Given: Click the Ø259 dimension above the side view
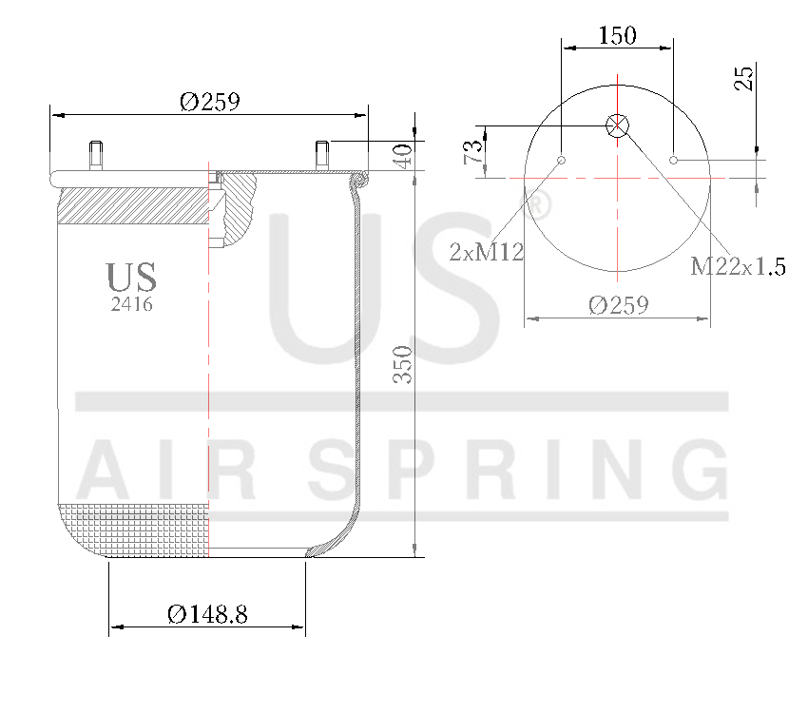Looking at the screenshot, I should tap(209, 101).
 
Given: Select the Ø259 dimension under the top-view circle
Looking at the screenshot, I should tap(618, 305).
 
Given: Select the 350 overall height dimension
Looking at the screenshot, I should tap(402, 364).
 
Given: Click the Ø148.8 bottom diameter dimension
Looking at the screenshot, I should tap(207, 614).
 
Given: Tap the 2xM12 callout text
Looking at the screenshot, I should tap(487, 252).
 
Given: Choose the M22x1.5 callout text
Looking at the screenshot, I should tap(738, 266).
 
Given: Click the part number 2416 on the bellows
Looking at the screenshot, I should tap(132, 305).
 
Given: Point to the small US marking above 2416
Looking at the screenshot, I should tap(131, 278).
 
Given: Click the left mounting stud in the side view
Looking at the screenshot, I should tap(96, 156).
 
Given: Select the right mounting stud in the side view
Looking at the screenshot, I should tap(321, 156).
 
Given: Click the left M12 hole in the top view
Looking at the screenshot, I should tap(562, 160).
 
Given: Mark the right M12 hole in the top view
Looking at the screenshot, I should tap(674, 160).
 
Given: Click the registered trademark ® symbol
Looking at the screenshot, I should tap(537, 206).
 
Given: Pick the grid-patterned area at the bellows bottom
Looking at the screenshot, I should tap(133, 528).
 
